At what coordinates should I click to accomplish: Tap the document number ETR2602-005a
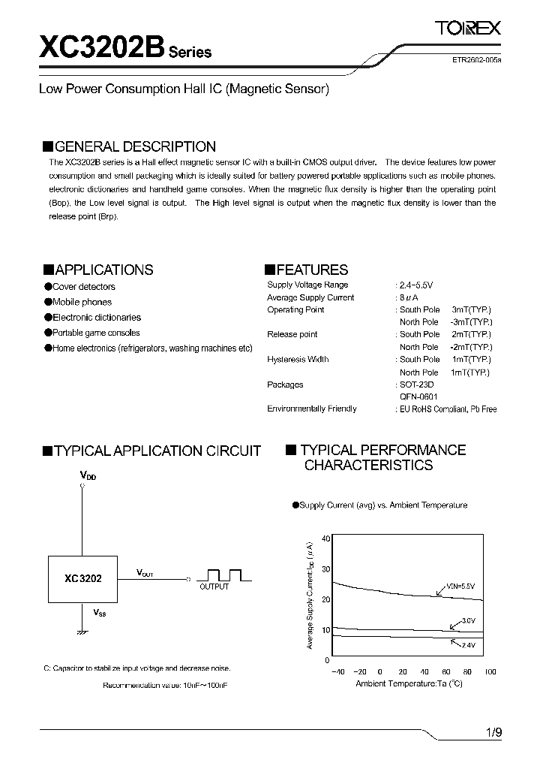coord(471,66)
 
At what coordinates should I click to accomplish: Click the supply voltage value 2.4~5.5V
coord(415,285)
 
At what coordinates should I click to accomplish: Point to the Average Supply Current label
coord(310,297)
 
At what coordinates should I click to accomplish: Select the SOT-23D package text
coord(416,385)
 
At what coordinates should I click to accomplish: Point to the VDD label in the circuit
coord(88,475)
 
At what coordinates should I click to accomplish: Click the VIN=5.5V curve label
coord(461,585)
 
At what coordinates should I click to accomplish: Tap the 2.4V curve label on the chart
coord(468,645)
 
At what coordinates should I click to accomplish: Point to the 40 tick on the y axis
coord(325,538)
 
